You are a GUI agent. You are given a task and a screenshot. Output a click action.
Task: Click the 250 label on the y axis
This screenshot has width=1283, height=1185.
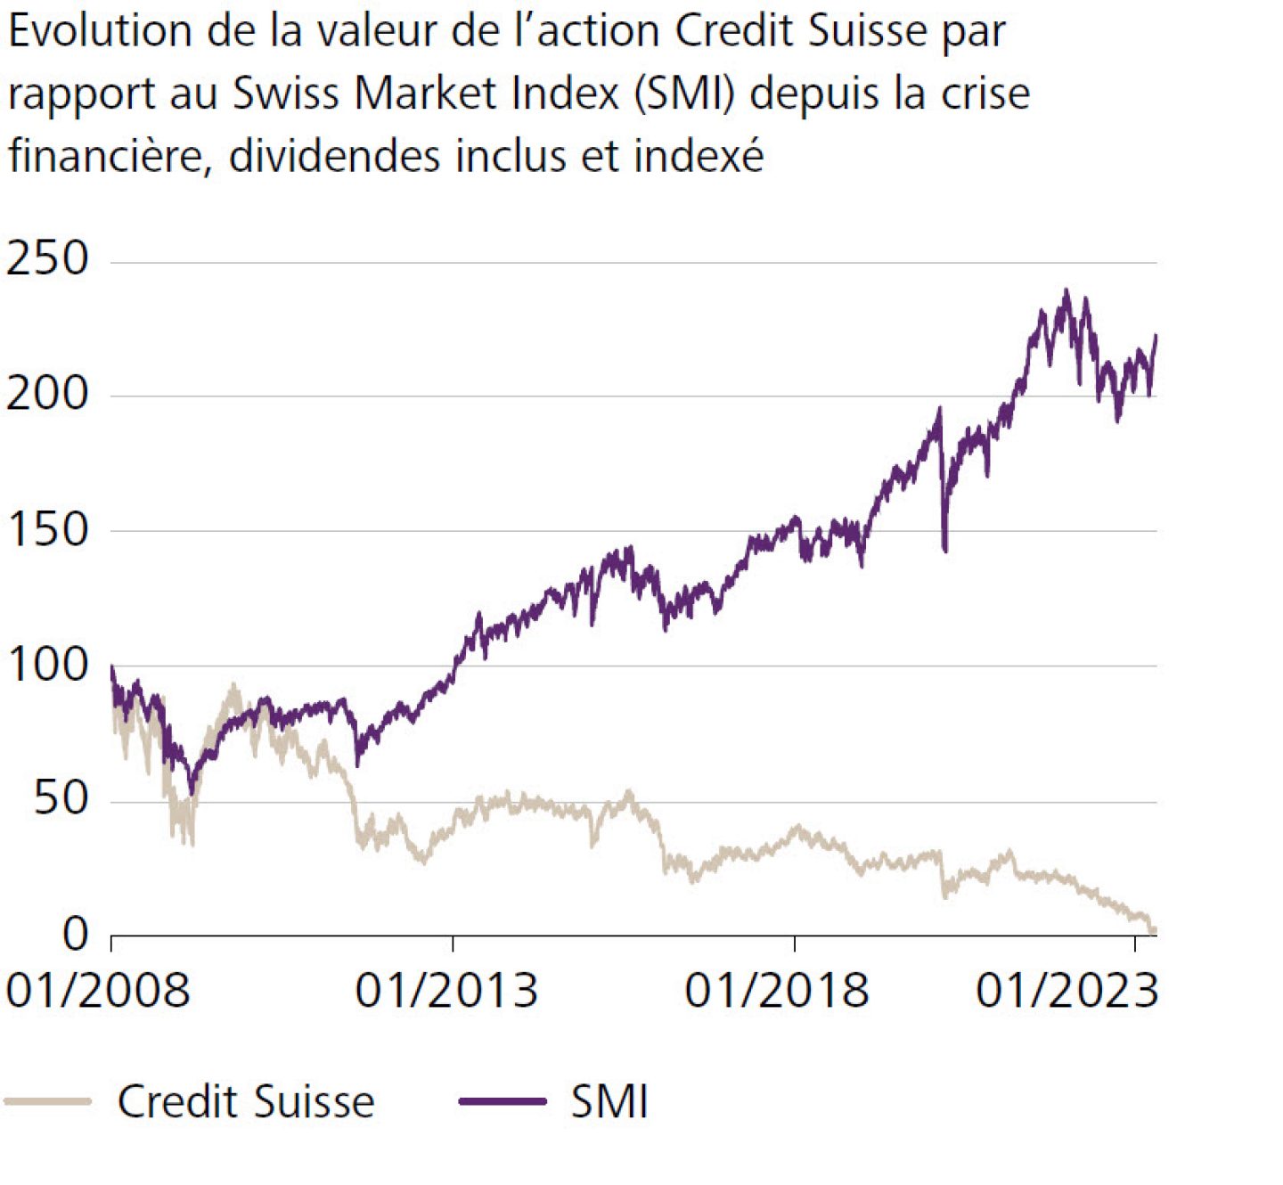pos(48,258)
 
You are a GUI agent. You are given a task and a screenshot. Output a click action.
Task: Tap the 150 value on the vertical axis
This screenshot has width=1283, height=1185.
pos(48,529)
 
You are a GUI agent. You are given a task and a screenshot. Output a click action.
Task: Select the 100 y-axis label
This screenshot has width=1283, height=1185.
pos(48,665)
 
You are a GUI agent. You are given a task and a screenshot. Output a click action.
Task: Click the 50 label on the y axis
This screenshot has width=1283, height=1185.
pos(61,799)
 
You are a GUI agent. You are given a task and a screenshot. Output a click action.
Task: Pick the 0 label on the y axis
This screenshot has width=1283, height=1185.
pos(76,934)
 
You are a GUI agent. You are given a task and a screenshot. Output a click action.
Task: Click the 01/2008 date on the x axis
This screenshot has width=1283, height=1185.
pos(98,991)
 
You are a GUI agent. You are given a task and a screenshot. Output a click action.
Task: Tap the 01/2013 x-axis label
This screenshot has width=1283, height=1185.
pos(446,991)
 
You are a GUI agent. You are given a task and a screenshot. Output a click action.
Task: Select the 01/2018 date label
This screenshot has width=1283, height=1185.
pos(777,991)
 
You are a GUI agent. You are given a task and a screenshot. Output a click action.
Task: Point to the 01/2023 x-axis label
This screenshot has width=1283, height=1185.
pos(1067,991)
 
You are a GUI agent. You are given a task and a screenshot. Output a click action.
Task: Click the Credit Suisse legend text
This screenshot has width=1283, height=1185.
pos(246,1102)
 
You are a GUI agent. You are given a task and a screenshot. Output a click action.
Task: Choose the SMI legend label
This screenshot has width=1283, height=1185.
pos(609,1102)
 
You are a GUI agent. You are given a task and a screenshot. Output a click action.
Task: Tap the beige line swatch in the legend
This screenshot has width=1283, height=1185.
pos(48,1102)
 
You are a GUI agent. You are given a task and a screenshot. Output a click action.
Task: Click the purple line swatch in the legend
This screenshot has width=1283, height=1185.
pos(503,1102)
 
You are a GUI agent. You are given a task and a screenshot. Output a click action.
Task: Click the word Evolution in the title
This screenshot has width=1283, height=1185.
pos(100,32)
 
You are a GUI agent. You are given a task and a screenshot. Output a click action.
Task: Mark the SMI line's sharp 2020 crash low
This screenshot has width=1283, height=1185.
pos(945,550)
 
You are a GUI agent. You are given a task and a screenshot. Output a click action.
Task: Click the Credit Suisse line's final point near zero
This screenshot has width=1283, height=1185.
pos(1154,930)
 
